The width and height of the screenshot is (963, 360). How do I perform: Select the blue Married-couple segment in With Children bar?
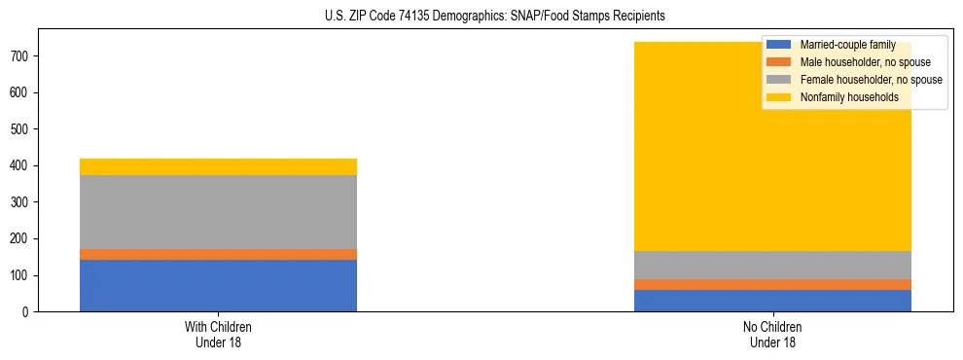(218, 285)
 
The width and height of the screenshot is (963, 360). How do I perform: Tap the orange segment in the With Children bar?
(218, 254)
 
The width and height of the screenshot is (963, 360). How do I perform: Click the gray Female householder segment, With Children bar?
(218, 212)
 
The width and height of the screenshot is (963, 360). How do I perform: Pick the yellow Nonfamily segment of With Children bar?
(218, 166)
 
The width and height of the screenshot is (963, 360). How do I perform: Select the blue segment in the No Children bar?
(772, 301)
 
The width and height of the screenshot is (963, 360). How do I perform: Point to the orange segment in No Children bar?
(772, 284)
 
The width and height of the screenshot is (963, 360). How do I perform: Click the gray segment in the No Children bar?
(772, 265)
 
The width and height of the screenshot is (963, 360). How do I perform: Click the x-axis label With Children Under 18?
(218, 334)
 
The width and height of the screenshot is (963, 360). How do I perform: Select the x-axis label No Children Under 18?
(772, 334)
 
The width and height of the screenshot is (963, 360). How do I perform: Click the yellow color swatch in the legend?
(779, 97)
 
